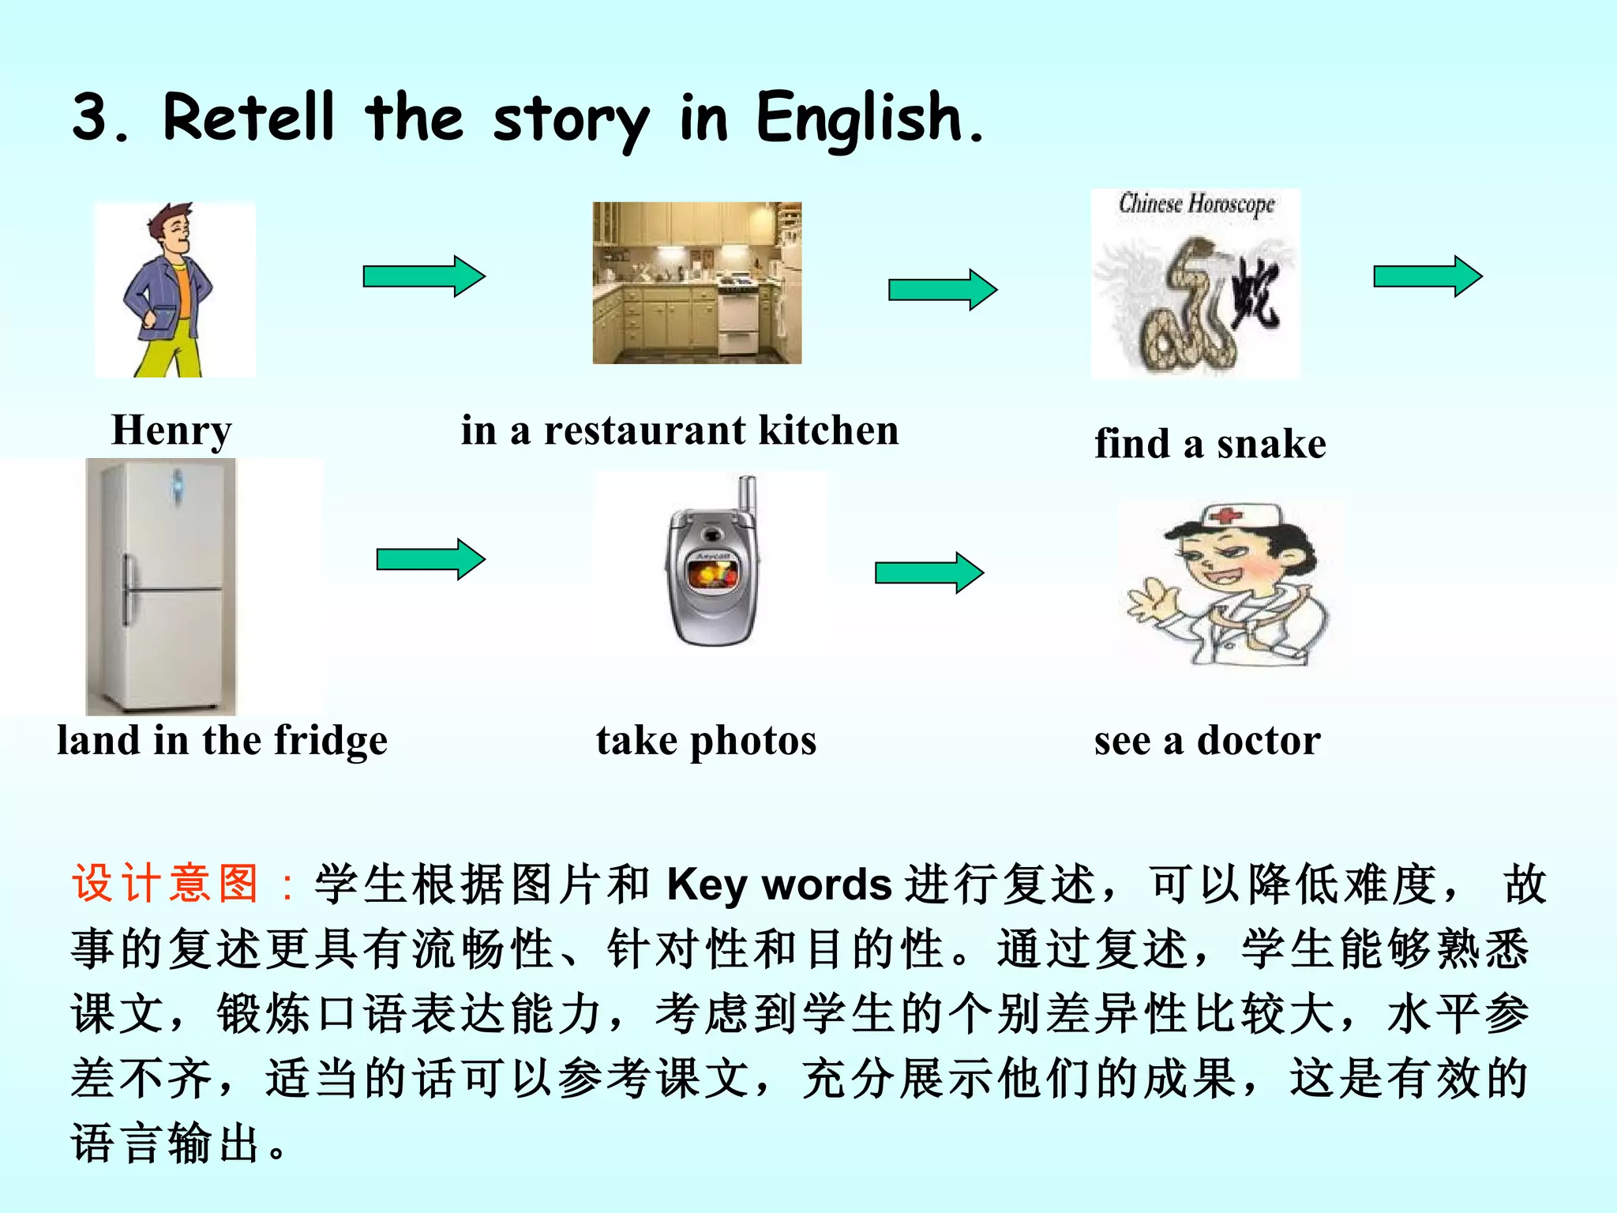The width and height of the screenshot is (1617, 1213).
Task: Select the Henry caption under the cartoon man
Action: (171, 431)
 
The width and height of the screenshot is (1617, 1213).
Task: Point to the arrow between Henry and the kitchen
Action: (424, 276)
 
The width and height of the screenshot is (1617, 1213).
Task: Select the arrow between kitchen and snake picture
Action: (943, 290)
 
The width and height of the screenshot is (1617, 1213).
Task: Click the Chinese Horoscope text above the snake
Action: (1196, 204)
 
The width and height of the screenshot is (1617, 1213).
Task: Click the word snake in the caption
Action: (1271, 444)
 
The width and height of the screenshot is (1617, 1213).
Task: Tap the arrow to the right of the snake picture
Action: (1428, 276)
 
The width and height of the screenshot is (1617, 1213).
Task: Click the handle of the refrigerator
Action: (127, 588)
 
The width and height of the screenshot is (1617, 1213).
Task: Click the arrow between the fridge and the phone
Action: (430, 559)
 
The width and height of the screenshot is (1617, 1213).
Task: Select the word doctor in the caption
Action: (1259, 742)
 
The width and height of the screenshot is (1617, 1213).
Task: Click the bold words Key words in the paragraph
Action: (779, 884)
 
